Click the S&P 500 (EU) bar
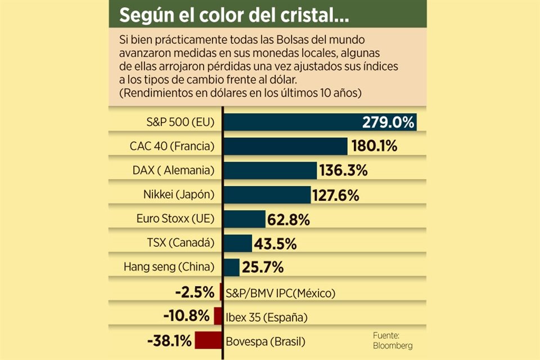coord(292,122)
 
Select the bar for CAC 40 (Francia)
coord(285,146)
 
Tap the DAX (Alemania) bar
coord(270,170)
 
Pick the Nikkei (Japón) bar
coord(267,195)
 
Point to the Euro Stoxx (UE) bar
coord(245,219)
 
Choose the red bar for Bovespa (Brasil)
coord(209,340)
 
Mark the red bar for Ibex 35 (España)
coord(218,316)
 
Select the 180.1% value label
coord(374,146)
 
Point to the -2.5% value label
coord(195,292)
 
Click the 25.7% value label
coord(263,268)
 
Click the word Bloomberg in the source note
coord(392,345)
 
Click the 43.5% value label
coord(276,244)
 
